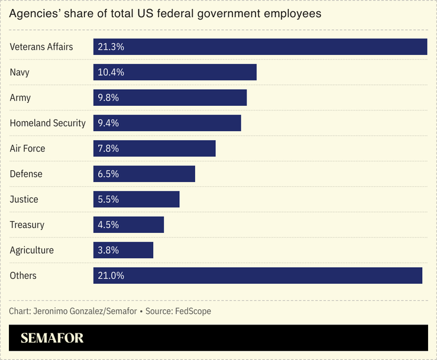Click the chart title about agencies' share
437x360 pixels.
pos(166,14)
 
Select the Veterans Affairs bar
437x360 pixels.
pos(260,47)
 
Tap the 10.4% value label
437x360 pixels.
pos(111,72)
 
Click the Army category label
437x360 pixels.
pos(20,98)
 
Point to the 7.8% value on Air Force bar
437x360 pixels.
pos(109,148)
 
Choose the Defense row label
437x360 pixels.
pos(26,174)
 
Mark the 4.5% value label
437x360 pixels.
pos(109,225)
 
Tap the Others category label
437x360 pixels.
pos(23,275)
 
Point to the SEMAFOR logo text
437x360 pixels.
pos(52,338)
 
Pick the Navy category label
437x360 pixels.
pos(20,72)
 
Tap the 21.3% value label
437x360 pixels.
pos(111,47)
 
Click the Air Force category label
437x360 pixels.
pos(27,148)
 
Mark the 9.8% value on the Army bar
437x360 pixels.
pos(109,98)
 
